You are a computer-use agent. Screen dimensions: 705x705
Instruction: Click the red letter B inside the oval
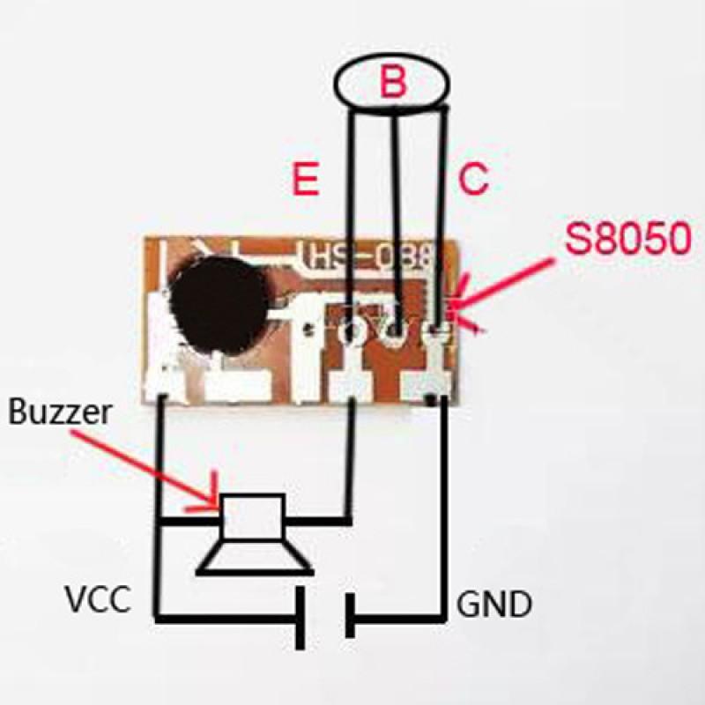pyautogui.click(x=393, y=84)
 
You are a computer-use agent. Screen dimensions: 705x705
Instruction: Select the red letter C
pyautogui.click(x=472, y=180)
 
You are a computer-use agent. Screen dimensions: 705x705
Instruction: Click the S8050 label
pyautogui.click(x=627, y=241)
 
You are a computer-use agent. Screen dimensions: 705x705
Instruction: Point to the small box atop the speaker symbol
pyautogui.click(x=253, y=516)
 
